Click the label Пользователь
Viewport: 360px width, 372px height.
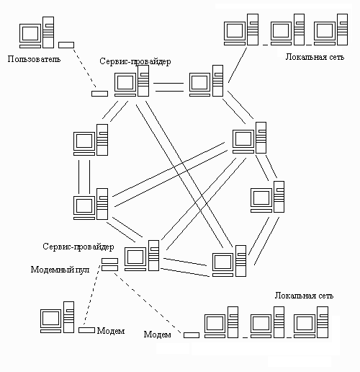(x=34, y=59)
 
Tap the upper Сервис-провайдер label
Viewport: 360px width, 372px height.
(x=135, y=61)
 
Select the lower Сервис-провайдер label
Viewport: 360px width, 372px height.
(x=78, y=247)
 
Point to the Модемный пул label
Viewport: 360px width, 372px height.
(x=60, y=270)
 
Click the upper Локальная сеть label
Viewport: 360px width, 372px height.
(x=315, y=57)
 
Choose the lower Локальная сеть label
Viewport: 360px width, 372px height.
(x=304, y=296)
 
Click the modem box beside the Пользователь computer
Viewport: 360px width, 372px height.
(x=66, y=45)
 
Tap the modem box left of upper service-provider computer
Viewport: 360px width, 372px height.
(x=99, y=94)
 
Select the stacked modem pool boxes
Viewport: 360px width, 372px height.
(x=109, y=265)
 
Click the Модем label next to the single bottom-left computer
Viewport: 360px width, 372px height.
(x=111, y=331)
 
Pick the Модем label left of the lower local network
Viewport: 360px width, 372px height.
(x=157, y=335)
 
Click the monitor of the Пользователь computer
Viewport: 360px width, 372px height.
(x=30, y=33)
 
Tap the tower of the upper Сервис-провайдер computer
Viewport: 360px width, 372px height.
(x=143, y=81)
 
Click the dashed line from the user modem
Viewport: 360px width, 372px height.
(x=85, y=68)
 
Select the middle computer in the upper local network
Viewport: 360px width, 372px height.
(x=287, y=30)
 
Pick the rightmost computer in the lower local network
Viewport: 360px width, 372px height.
(x=311, y=322)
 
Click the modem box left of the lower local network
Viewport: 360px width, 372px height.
(x=192, y=335)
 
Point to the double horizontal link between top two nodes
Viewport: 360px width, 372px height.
(x=169, y=87)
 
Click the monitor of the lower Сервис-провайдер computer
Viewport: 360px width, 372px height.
(x=135, y=257)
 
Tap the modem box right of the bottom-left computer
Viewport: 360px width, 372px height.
(x=86, y=330)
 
